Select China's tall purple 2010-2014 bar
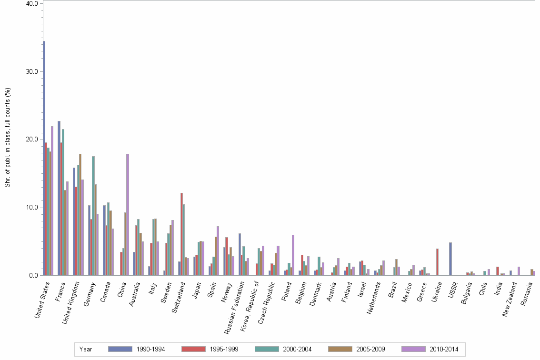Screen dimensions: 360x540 point(128,214)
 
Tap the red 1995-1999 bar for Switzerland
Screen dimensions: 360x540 point(181,234)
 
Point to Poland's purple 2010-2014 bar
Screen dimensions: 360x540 point(293,255)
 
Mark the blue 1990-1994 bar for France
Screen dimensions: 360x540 point(59,198)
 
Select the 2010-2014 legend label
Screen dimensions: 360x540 point(443,349)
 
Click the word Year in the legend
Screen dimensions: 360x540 point(86,349)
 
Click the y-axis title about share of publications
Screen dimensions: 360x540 point(7,138)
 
